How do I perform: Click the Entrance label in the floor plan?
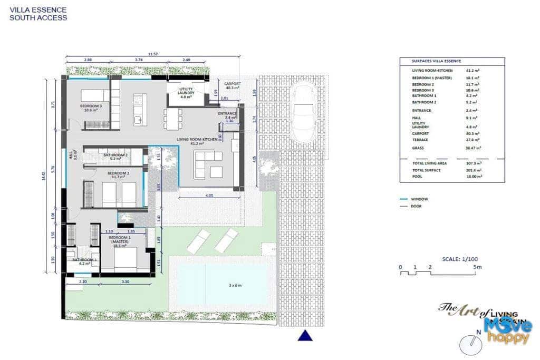point(228,114)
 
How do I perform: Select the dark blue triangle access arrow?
point(305,335)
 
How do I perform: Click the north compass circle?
point(470,345)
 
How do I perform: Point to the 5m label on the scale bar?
point(477,268)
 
